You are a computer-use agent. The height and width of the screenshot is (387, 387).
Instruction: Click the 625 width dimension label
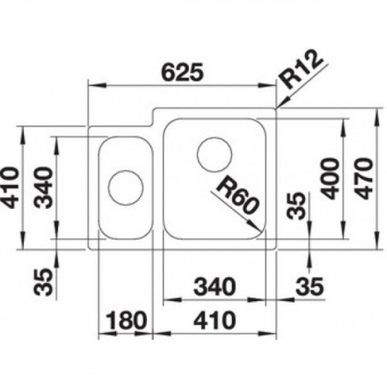[182, 72]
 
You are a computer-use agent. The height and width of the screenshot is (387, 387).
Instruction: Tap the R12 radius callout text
[301, 70]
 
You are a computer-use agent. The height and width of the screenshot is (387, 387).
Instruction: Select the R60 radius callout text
[237, 195]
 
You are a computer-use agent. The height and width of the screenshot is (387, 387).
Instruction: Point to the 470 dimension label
[364, 178]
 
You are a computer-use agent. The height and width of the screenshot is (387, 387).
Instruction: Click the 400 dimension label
[330, 178]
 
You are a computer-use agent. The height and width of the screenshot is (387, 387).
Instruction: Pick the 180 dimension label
[126, 321]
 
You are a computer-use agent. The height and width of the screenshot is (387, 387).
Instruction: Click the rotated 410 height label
[10, 187]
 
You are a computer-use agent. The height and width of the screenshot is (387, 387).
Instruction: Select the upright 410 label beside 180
[215, 321]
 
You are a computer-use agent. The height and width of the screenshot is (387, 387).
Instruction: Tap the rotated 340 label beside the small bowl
[44, 187]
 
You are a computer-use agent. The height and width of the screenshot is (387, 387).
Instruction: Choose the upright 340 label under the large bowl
[215, 286]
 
